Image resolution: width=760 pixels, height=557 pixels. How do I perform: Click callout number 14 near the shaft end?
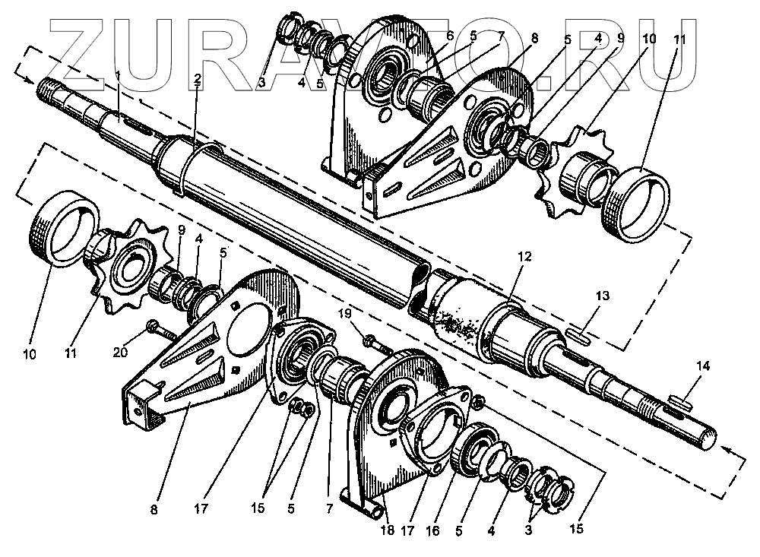[x=703, y=366]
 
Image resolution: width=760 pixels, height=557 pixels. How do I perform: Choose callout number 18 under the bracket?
[x=387, y=530]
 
